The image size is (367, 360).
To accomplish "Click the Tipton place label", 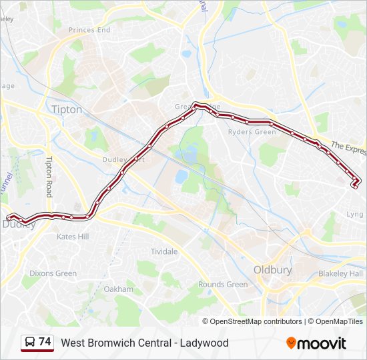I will pos(67,109).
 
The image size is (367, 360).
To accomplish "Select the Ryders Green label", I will pos(252,132).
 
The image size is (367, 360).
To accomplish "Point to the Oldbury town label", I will pos(272,270).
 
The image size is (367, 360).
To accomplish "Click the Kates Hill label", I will pos(72,237).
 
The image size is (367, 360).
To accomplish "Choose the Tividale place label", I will pos(164,251).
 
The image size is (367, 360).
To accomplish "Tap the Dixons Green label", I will pos(53,273).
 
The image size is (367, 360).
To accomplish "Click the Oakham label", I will pos(119,289).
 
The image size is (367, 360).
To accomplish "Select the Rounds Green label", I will pos(223,285).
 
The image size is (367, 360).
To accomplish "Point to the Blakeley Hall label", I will pos(340,274).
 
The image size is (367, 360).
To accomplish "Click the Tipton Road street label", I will pos(49,177).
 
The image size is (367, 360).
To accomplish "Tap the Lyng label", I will pos(355,215).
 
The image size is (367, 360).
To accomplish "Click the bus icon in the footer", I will pos(29,343).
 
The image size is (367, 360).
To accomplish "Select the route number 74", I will pos(45,342).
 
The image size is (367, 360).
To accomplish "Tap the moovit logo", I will pos(316,343).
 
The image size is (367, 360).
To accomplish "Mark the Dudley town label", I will pos(19,225).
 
